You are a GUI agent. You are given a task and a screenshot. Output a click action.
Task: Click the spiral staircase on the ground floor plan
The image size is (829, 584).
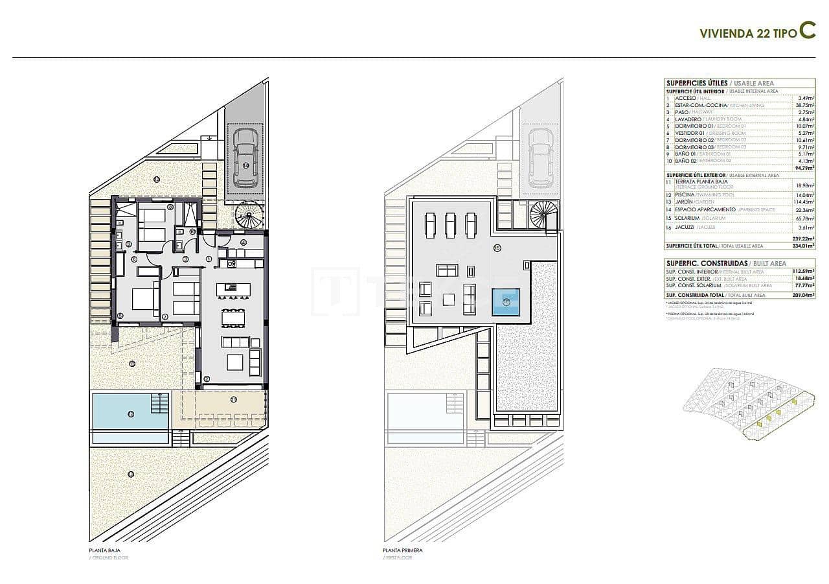coord(248,215)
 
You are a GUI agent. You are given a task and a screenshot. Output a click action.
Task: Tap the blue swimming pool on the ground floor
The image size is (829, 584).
coord(130,411)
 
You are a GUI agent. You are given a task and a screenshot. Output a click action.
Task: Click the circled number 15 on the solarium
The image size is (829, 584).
coord(497,248)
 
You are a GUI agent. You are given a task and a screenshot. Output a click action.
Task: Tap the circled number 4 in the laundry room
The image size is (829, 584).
coord(243,243)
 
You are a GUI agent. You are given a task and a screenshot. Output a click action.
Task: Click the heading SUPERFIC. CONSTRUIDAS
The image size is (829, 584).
coord(706,263)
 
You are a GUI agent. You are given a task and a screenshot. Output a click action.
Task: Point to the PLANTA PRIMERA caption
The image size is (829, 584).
coord(402,550)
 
